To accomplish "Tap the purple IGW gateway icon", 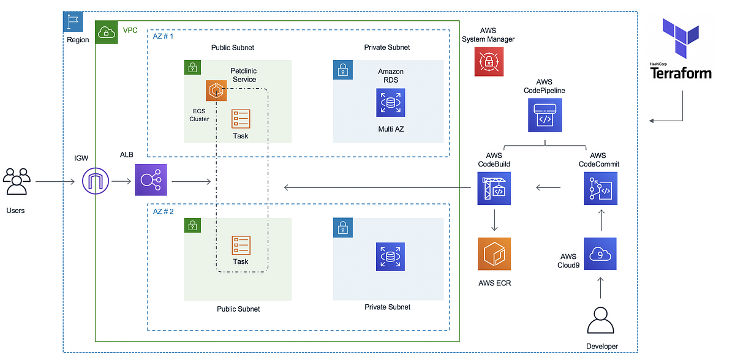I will pyautogui.click(x=96, y=181).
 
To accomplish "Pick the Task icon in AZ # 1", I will pyautogui.click(x=241, y=119).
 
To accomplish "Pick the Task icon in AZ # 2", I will pyautogui.click(x=241, y=245).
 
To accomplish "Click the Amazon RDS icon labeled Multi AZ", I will pyautogui.click(x=391, y=102).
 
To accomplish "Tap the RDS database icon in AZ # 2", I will pyautogui.click(x=391, y=257).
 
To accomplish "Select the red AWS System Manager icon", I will pyautogui.click(x=489, y=61).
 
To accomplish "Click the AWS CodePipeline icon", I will pyautogui.click(x=545, y=116).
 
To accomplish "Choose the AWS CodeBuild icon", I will pyautogui.click(x=494, y=188).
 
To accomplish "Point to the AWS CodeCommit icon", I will pyautogui.click(x=601, y=188).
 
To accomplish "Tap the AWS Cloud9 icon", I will pyautogui.click(x=600, y=254).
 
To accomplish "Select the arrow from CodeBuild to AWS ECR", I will pyautogui.click(x=494, y=220).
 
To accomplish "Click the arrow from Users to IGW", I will pyautogui.click(x=57, y=182).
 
